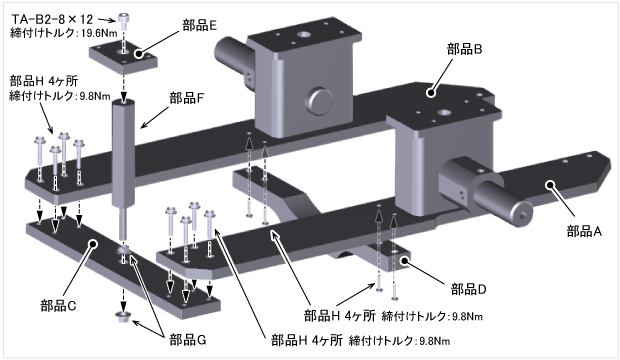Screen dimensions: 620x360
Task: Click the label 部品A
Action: click(x=584, y=231)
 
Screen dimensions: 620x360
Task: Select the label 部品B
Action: click(x=464, y=49)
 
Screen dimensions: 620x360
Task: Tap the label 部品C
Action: click(x=58, y=306)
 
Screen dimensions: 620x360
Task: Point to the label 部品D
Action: click(x=469, y=289)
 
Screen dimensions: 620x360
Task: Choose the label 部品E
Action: click(x=199, y=25)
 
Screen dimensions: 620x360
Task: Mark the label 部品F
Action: click(x=187, y=98)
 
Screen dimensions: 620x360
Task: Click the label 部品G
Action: click(x=188, y=340)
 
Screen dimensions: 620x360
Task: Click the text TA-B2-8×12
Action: click(x=53, y=19)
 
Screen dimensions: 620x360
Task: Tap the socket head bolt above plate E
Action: click(x=124, y=19)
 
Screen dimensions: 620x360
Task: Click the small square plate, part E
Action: click(x=123, y=59)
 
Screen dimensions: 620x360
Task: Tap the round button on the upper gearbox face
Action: click(x=319, y=101)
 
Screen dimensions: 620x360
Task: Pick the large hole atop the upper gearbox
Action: click(x=304, y=35)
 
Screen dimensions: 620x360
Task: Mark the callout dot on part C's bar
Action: click(x=93, y=244)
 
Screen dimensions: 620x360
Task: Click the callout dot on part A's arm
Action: click(x=550, y=184)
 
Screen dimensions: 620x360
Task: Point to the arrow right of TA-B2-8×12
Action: click(x=106, y=19)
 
